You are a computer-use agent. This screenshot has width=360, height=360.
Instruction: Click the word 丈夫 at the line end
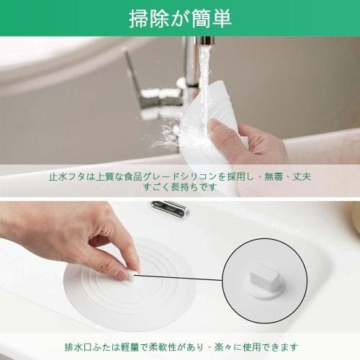(301, 176)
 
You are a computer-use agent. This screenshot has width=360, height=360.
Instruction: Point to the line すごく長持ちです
(180, 187)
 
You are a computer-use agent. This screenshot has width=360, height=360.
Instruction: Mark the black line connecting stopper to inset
(180, 274)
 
